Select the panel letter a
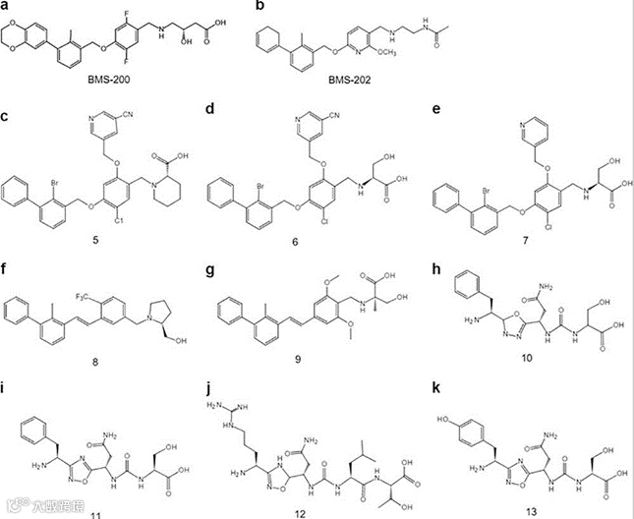pyautogui.click(x=8, y=9)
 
